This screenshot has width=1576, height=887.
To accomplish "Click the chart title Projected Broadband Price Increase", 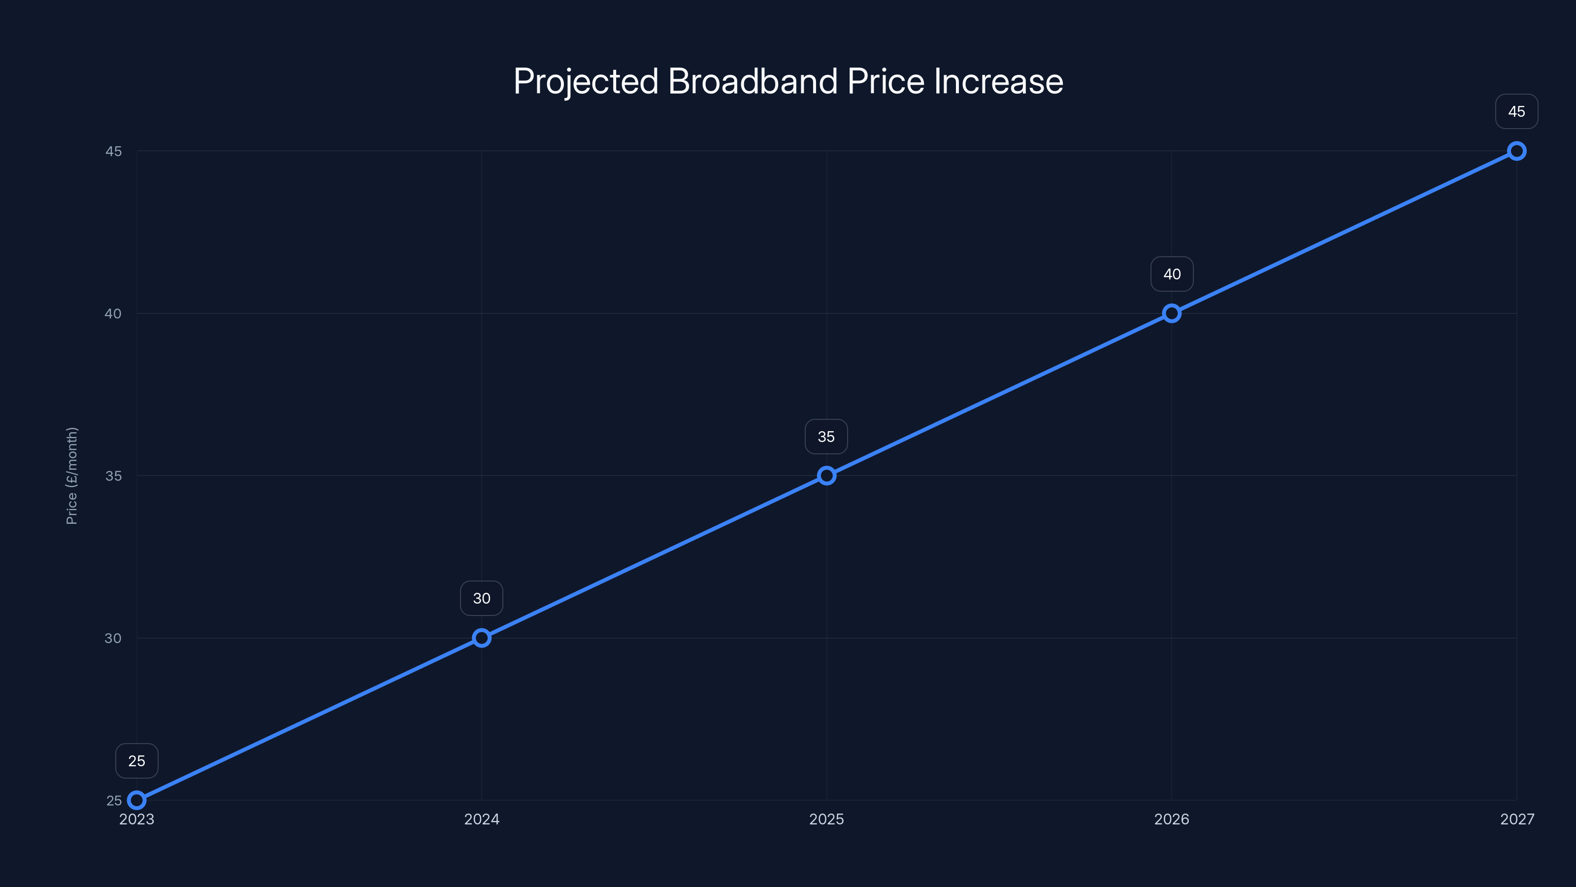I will [788, 81].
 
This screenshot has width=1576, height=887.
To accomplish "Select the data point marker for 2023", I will [137, 800].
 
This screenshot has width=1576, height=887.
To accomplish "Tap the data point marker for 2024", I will [482, 638].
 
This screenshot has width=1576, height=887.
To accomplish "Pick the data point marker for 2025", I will [826, 476].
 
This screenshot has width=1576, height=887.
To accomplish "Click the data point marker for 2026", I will [1172, 313].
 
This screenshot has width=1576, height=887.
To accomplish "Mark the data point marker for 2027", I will [1517, 151].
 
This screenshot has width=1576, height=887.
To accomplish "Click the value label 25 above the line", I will [137, 761].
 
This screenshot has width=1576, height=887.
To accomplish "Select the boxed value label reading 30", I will [482, 598].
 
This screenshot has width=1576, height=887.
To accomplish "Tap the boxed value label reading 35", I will [826, 437].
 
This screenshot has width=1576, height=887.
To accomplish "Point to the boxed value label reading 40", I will [1172, 274].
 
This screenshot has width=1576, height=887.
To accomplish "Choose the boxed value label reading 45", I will [1517, 111].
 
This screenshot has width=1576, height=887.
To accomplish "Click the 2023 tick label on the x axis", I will [137, 819].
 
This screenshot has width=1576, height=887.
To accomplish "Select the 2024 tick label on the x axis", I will [482, 819].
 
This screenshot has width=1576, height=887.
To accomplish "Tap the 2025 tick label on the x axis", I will [826, 819].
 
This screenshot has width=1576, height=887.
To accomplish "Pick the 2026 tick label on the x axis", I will [1172, 819].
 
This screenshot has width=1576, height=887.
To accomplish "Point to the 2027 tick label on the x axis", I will [1517, 819].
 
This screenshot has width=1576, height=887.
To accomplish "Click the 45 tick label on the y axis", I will [113, 151].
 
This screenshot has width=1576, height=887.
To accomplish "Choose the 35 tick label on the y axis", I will [113, 476].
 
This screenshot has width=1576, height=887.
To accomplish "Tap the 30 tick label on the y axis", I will [113, 638].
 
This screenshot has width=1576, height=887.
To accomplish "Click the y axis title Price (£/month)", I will [71, 476].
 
